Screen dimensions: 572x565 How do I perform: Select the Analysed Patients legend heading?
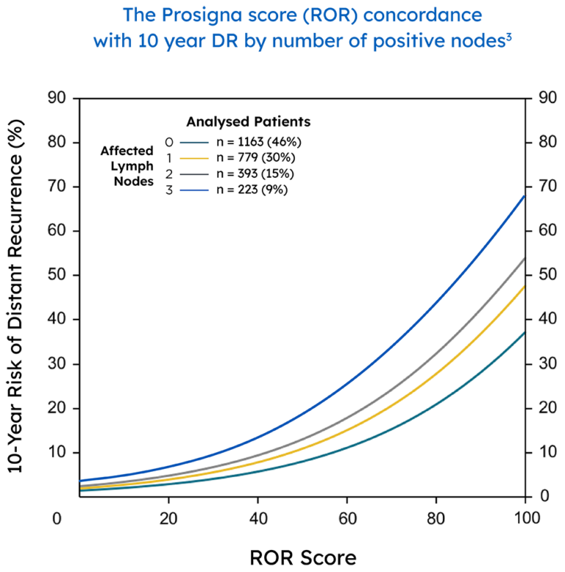pos(248,122)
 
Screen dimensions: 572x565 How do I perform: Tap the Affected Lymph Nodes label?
pos(127,166)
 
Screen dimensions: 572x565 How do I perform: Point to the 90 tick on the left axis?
pos(57,98)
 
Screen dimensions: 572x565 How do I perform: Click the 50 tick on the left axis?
pos(57,275)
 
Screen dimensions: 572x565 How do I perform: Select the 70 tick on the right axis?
pos(547,187)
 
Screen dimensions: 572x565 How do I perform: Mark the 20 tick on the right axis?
pos(547,408)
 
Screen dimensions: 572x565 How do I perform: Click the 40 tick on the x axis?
pos(257,518)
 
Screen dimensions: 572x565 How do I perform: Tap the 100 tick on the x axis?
pos(524,518)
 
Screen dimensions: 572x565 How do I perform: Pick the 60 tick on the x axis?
pos(347,518)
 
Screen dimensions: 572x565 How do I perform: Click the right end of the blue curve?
pos(523,196)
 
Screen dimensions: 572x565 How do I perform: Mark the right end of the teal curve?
pos(523,333)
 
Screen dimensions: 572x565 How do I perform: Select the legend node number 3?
pos(169,190)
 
